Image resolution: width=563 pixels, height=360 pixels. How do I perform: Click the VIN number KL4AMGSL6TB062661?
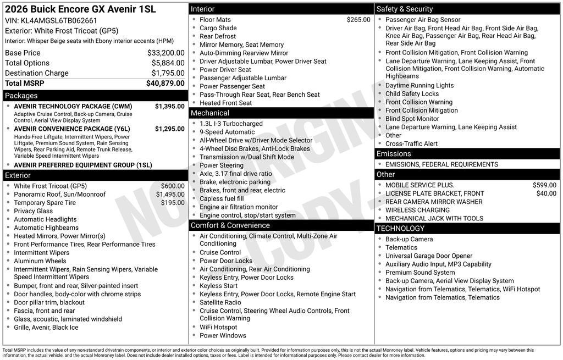point(59,21)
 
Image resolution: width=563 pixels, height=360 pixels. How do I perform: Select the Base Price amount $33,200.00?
point(165,53)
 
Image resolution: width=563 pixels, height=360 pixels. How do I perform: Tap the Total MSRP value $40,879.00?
point(165,83)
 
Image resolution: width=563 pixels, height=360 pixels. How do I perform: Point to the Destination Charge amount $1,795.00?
point(168,73)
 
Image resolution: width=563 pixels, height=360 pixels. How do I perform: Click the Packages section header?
point(21,96)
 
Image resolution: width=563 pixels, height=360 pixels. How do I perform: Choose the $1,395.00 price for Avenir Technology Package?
point(169,106)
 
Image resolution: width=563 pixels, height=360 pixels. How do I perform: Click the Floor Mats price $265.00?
point(358,20)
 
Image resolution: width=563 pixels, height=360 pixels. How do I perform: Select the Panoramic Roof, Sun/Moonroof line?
point(59,194)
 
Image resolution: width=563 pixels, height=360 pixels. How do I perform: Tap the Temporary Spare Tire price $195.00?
point(173,202)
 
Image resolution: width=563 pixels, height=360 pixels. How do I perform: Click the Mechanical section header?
point(209,113)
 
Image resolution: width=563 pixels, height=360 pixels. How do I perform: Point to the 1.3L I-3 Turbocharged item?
point(231,124)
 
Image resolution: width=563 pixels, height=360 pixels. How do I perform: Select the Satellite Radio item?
point(220,302)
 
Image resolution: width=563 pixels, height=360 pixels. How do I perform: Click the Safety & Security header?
point(404,9)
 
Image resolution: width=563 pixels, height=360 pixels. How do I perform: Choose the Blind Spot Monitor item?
point(412,119)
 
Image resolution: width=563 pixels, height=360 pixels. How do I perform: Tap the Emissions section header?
point(393,154)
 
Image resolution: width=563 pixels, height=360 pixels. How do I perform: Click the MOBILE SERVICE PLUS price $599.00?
point(544,185)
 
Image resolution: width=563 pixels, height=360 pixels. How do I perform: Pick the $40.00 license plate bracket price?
point(546,193)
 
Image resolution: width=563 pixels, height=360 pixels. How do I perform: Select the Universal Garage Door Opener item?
point(428,256)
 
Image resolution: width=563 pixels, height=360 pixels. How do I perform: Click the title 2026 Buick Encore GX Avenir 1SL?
point(80,9)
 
